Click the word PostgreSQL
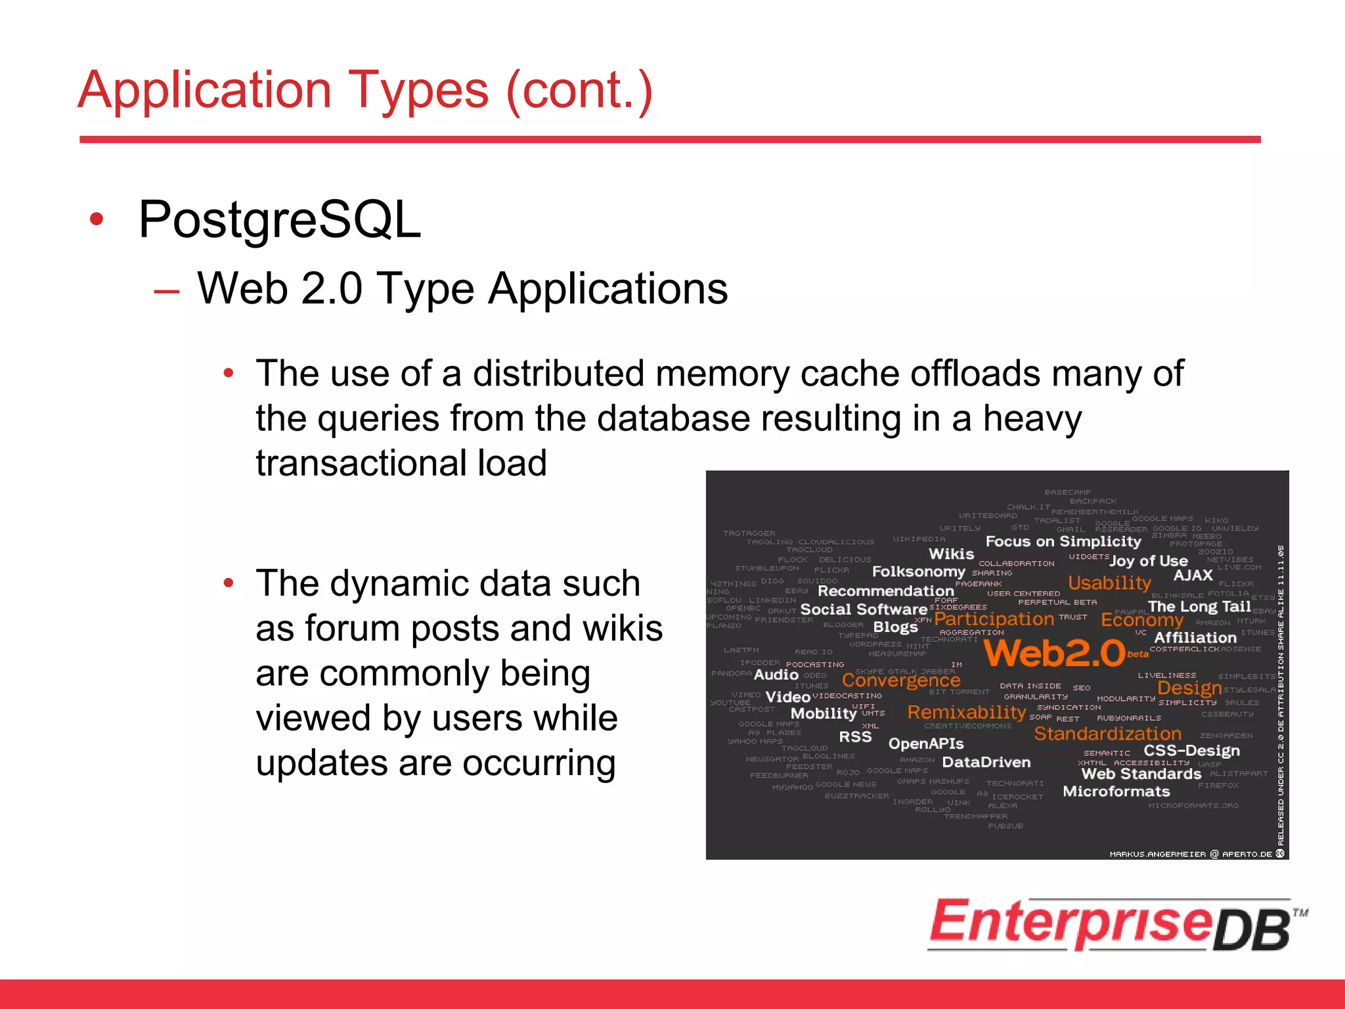click(x=280, y=220)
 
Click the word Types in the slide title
click(x=418, y=91)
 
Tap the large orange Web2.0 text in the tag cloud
click(x=1055, y=653)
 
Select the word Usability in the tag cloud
click(x=1109, y=583)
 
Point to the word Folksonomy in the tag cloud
click(x=918, y=572)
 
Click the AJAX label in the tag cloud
click(x=1193, y=575)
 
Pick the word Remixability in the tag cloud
click(x=966, y=712)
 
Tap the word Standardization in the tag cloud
click(x=1107, y=734)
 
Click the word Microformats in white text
click(x=1116, y=792)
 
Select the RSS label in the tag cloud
click(x=855, y=737)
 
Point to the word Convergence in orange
click(x=901, y=681)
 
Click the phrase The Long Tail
click(x=1199, y=606)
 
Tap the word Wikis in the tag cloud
click(x=951, y=554)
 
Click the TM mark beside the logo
click(x=1300, y=912)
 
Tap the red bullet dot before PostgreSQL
click(x=97, y=219)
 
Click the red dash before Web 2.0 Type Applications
click(x=167, y=291)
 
